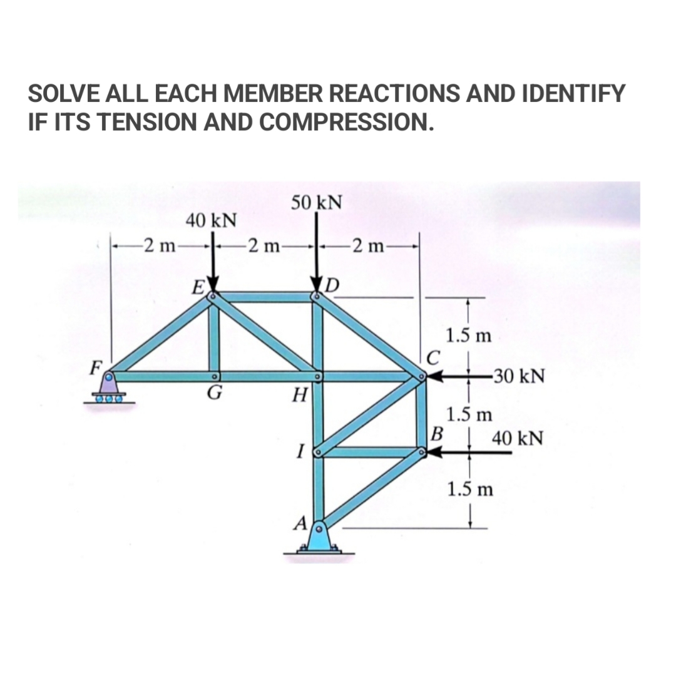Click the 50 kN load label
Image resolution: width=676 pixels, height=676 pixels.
317,202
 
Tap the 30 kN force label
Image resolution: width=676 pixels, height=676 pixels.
512,377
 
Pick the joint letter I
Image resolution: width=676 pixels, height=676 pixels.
301,449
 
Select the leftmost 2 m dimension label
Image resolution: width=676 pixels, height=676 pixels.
158,245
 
